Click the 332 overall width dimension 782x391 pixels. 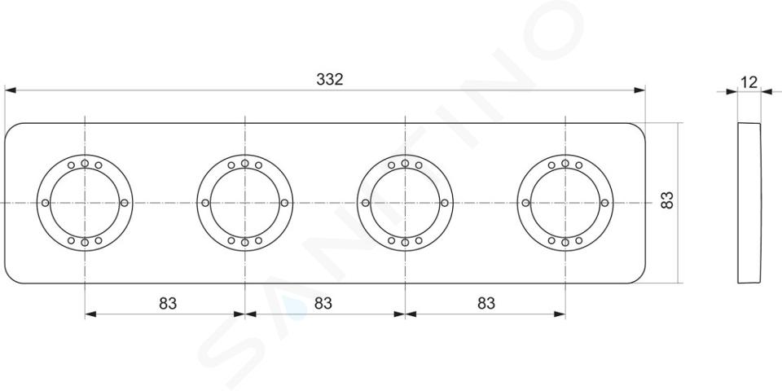(x=330, y=79)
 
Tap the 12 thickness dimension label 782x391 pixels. (x=749, y=82)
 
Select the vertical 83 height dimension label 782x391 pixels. (x=667, y=200)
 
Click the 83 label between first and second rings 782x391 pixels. (x=168, y=303)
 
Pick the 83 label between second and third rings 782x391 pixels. (x=323, y=303)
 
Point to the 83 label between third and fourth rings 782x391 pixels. (x=486, y=303)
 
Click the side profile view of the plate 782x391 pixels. (x=749, y=203)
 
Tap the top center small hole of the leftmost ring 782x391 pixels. (x=85, y=163)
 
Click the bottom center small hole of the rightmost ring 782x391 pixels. (x=565, y=243)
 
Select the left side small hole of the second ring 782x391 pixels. (x=205, y=203)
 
